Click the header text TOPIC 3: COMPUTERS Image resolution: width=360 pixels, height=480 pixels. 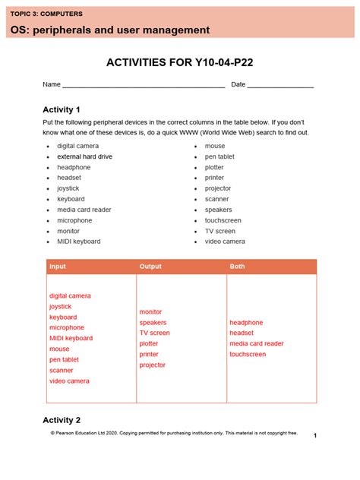tap(46, 14)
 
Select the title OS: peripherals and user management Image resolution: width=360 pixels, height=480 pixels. tap(110, 30)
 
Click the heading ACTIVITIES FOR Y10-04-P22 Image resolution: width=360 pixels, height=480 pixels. tap(179, 62)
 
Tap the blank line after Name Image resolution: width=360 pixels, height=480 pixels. tap(143, 85)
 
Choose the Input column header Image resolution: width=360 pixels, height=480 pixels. tap(58, 267)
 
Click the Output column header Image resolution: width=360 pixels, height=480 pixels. tap(150, 267)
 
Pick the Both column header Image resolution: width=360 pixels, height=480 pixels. tap(238, 267)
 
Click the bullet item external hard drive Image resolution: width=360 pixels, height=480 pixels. tap(84, 156)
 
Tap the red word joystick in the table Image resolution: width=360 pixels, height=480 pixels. tap(60, 307)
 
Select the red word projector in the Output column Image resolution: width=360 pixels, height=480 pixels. tap(152, 365)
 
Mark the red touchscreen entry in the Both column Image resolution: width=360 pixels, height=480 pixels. tap(248, 354)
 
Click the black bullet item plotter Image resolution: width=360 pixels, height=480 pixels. tap(214, 167)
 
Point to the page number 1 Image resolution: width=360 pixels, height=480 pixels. tap(314, 435)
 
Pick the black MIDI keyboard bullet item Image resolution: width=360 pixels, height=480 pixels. tap(78, 242)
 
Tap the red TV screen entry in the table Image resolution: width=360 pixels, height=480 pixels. tap(154, 333)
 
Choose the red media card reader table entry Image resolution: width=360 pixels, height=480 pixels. tap(256, 343)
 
